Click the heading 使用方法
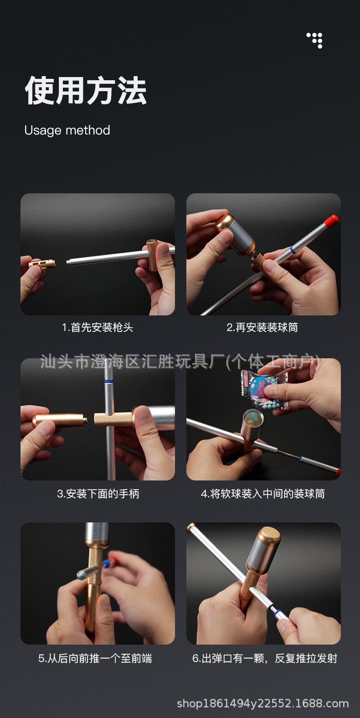86,91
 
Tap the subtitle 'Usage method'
67,130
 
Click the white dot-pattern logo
314,41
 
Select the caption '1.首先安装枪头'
98,327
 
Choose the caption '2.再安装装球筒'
262,327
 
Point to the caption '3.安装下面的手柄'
98,494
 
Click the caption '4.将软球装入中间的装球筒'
263,494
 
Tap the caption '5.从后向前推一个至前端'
95,658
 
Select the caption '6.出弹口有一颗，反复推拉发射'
265,658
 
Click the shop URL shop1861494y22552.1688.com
263,703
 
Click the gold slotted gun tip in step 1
42,264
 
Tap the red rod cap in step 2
331,221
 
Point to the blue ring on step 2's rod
292,249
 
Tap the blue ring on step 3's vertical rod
109,382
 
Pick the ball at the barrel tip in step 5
80,575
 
